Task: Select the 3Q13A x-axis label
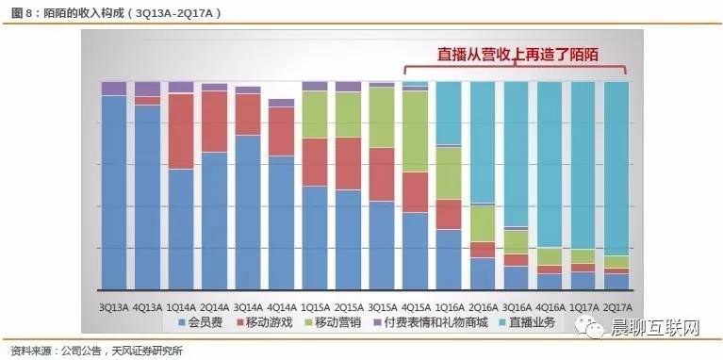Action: [113, 305]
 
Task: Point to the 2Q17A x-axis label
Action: [616, 305]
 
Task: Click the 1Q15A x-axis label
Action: [315, 305]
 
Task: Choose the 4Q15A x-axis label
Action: [415, 305]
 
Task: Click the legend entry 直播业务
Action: [541, 322]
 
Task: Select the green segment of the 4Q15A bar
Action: [416, 131]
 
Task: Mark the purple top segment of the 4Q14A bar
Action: [281, 103]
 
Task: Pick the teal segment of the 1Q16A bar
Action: [449, 113]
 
